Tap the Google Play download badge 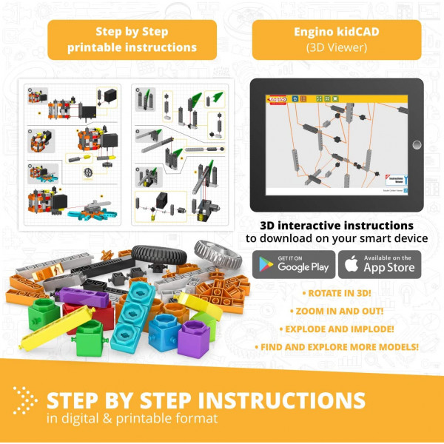pos(294,265)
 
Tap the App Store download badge pos(380,265)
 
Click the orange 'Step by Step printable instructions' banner pos(132,39)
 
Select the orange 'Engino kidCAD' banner pos(337,39)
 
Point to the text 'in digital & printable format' pos(132,419)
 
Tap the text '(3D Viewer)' pos(337,48)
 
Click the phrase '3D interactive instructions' pos(337,225)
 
